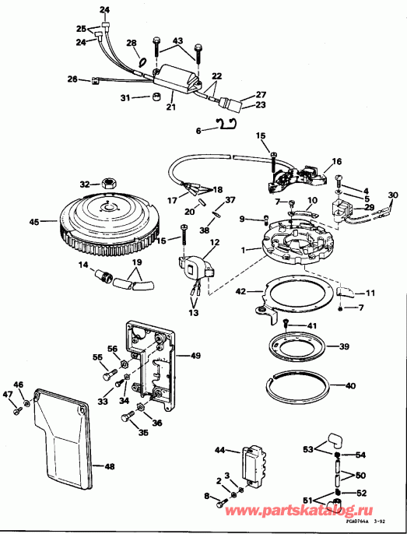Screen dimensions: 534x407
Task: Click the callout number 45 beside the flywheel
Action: [33, 222]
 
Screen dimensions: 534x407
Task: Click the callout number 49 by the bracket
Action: [195, 355]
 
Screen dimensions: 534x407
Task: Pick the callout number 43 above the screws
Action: [177, 40]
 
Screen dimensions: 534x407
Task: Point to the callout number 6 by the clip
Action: [198, 130]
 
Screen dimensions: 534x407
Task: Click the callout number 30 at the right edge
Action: [393, 195]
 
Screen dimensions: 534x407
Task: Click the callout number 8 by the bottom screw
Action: [206, 496]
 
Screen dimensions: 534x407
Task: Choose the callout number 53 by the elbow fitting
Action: [308, 450]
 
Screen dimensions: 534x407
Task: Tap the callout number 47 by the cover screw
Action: [7, 395]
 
